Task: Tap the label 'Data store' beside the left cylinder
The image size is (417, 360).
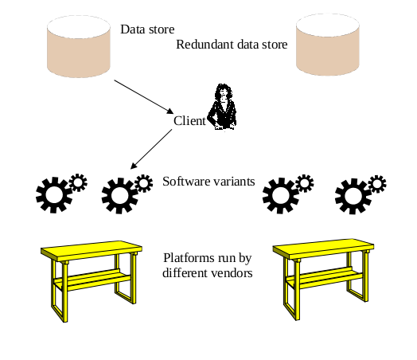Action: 147,29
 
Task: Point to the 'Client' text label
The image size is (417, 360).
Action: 189,121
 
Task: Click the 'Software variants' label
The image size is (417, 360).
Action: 208,181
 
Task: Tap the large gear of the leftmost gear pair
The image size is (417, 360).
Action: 53,194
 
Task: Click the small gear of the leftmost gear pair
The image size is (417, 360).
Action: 77,182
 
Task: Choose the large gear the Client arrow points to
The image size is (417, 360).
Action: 119,194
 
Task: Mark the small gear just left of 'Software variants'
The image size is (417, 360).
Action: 143,182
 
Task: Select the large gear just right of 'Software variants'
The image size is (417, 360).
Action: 280,194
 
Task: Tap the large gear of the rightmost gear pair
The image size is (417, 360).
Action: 352,194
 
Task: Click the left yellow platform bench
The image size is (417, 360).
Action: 91,275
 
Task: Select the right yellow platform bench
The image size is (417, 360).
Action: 323,275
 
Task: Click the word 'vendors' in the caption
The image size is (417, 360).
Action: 232,272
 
